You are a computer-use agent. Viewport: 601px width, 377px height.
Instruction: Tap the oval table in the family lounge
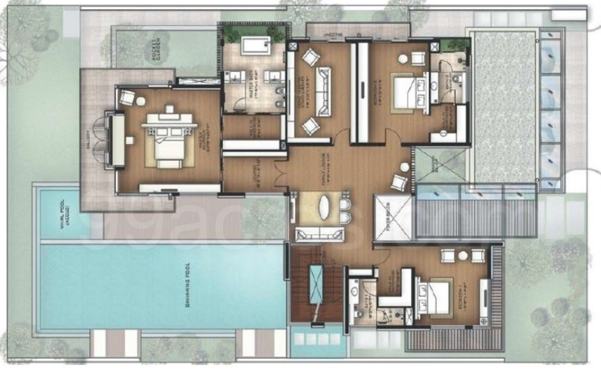[327, 208]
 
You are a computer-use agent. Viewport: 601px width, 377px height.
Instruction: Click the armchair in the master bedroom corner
[128, 97]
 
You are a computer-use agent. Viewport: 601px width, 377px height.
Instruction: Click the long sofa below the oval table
[312, 234]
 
